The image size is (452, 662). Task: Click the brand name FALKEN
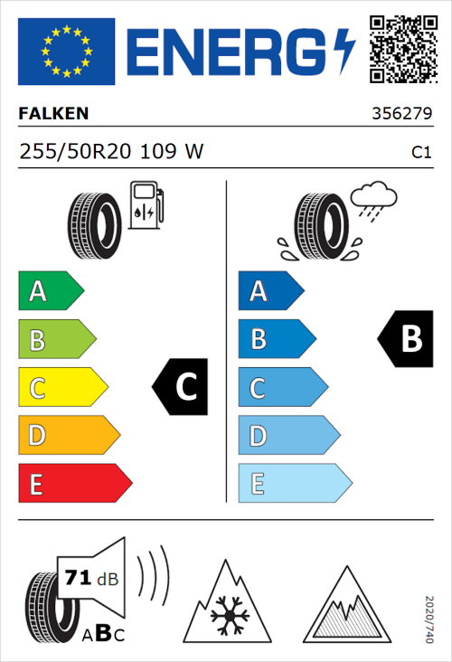(54, 115)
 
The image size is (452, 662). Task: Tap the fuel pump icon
(146, 206)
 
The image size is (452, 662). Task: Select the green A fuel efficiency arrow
(51, 291)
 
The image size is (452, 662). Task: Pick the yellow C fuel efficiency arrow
(62, 388)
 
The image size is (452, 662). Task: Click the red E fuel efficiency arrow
(74, 484)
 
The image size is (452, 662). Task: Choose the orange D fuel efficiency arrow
(69, 436)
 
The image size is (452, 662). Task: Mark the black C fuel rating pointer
(181, 388)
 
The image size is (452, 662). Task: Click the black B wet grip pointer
(404, 339)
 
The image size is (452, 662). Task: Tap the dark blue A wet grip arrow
(270, 291)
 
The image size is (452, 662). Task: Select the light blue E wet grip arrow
(294, 484)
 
